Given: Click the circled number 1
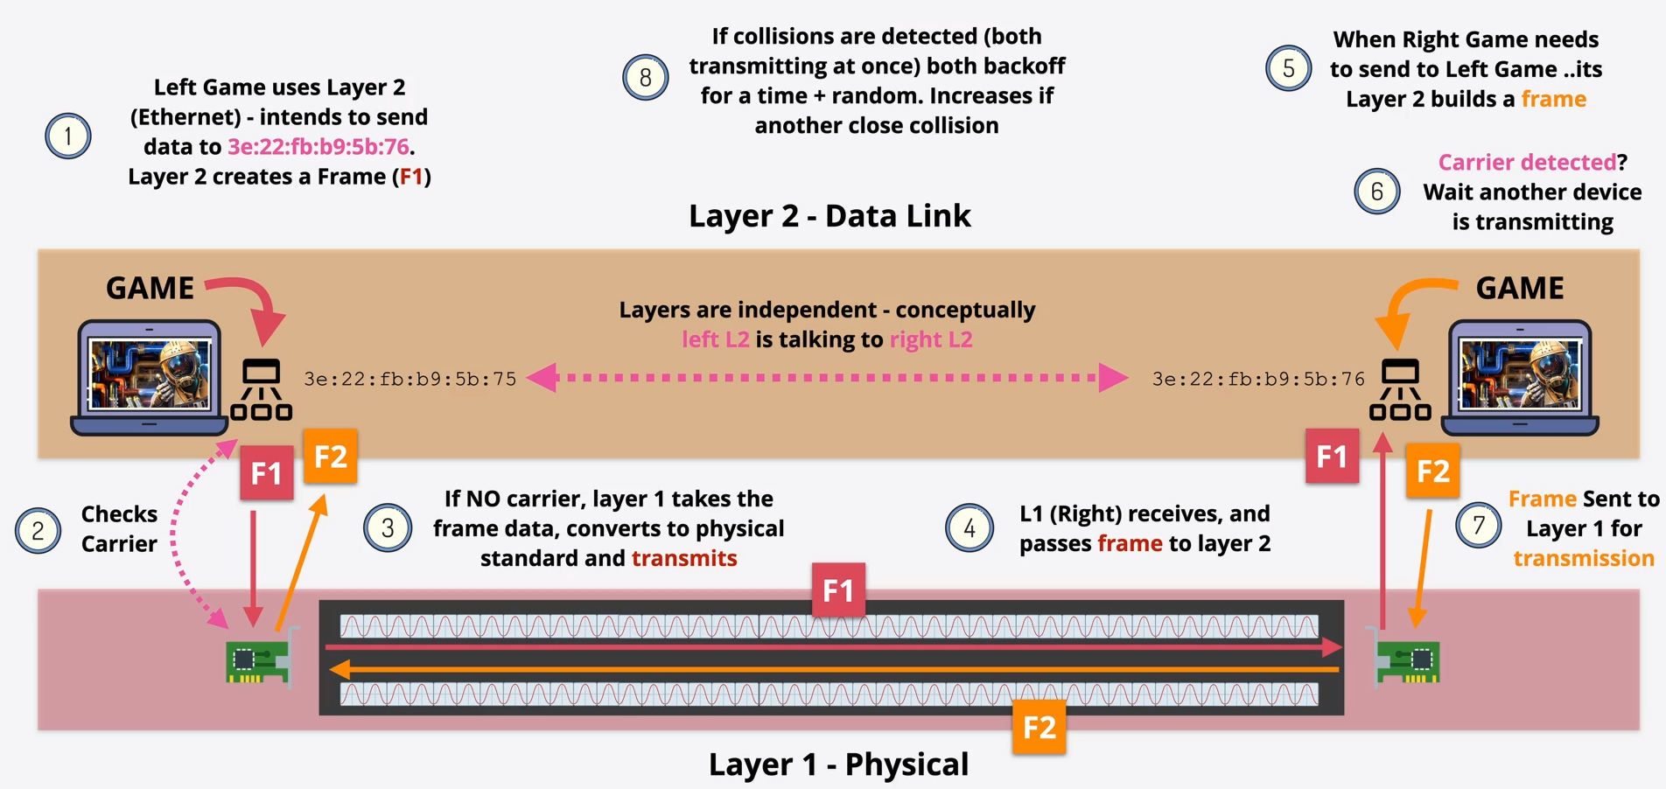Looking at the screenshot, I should pyautogui.click(x=67, y=136).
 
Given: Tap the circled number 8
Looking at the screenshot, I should pyautogui.click(x=645, y=78).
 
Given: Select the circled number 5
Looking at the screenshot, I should pyautogui.click(x=1288, y=68).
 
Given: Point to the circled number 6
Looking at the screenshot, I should pyautogui.click(x=1376, y=192).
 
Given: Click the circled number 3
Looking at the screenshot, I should pyautogui.click(x=387, y=527).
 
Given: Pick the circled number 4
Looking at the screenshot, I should pyautogui.click(x=969, y=527).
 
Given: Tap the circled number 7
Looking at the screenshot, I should pyautogui.click(x=1478, y=526).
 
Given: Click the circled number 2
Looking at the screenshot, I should pyautogui.click(x=38, y=530).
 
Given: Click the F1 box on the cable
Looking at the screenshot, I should pyautogui.click(x=838, y=590).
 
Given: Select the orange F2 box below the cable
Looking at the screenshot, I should pyautogui.click(x=1039, y=727).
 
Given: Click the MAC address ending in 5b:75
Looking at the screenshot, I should pyautogui.click(x=409, y=379).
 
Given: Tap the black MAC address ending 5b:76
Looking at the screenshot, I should pyautogui.click(x=1257, y=379).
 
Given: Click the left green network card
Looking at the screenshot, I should pyautogui.click(x=257, y=660).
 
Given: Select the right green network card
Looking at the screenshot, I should pyautogui.click(x=1409, y=660).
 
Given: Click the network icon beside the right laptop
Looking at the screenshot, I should pyautogui.click(x=1400, y=390).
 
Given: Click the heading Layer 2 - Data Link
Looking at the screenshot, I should pyautogui.click(x=829, y=216).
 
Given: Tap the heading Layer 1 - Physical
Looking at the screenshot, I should pyautogui.click(x=838, y=765).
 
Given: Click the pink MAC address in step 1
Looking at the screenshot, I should pyautogui.click(x=318, y=146).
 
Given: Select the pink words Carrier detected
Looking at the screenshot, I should pyautogui.click(x=1526, y=162).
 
